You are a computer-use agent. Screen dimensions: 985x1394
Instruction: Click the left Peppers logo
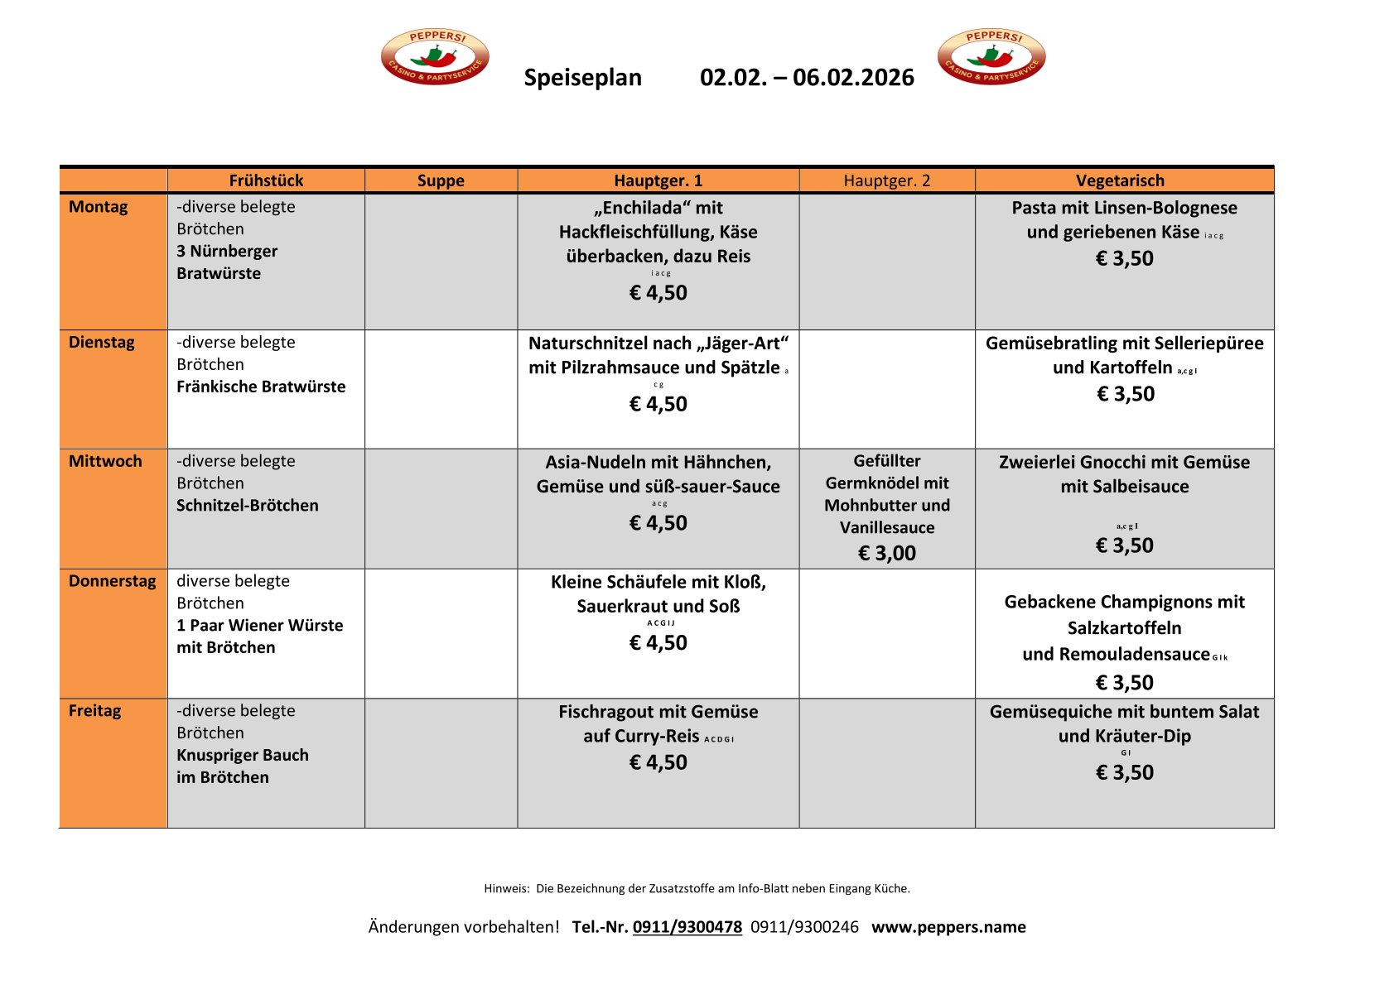point(435,56)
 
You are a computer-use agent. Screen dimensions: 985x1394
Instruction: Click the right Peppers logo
point(991,56)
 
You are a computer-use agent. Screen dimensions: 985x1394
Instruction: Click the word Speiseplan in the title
point(582,77)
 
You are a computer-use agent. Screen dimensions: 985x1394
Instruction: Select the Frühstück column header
point(266,180)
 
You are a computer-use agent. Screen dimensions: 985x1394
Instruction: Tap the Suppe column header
point(441,180)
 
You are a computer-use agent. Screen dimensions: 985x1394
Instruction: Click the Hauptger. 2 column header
point(886,180)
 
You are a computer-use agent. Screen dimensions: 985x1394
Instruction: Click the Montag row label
point(98,207)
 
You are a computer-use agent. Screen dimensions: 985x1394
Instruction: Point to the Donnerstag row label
point(112,581)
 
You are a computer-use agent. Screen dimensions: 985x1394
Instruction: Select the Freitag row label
point(94,711)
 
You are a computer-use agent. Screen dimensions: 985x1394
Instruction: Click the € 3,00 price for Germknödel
point(886,553)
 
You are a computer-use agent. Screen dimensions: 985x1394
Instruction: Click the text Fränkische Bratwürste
point(261,387)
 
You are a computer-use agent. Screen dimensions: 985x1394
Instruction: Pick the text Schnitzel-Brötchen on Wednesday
point(247,506)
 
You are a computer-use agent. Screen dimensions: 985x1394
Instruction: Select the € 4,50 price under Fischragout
point(658,762)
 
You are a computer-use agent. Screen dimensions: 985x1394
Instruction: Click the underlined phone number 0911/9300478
point(687,927)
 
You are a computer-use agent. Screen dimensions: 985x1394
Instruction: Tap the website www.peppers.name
point(948,927)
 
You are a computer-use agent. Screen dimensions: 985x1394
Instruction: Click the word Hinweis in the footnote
point(506,889)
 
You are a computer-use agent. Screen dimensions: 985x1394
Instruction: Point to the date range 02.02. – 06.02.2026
point(807,77)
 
